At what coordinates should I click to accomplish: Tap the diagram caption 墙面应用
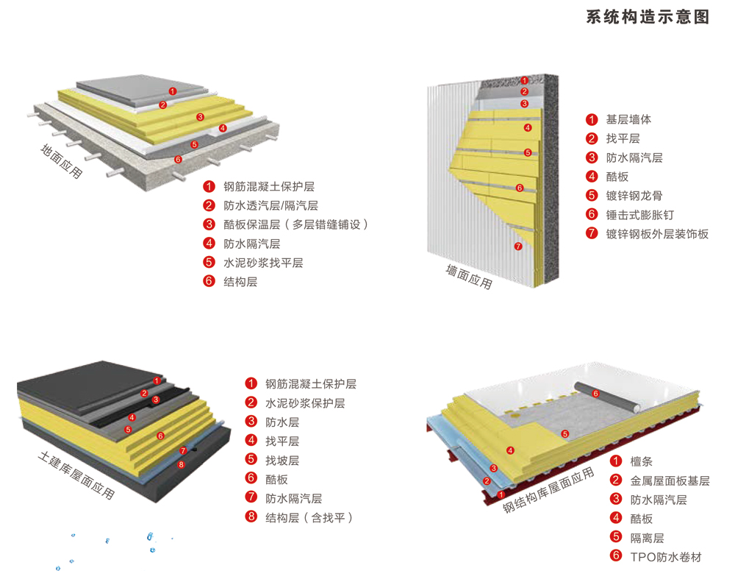pos(469,277)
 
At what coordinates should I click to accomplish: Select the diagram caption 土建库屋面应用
pos(76,475)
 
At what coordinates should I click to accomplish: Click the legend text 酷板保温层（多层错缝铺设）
pos(295,224)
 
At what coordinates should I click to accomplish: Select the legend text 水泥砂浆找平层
pos(263,263)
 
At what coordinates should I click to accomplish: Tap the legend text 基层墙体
pos(628,119)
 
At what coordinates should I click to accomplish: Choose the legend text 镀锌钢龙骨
pos(634,196)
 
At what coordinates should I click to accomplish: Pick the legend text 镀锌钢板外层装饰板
pos(657,234)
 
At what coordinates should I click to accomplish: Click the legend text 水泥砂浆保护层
pos(305,403)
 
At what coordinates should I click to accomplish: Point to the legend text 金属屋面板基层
pos(670,480)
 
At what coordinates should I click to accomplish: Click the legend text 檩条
pos(641,461)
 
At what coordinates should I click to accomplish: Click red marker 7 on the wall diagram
pos(518,247)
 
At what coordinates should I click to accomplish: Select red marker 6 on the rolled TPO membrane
pos(595,394)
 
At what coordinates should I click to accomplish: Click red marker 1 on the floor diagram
pos(171,91)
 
